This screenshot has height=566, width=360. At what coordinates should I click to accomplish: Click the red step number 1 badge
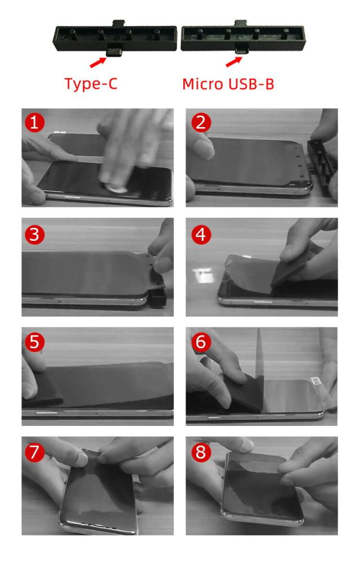point(34,122)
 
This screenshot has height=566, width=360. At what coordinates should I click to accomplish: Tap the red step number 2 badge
point(201,122)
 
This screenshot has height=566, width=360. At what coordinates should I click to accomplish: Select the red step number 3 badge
point(34,234)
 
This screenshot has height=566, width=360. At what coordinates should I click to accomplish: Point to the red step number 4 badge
point(201,234)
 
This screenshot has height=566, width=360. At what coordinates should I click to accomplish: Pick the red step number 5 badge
point(34,342)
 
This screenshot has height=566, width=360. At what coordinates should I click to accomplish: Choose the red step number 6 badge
point(201,342)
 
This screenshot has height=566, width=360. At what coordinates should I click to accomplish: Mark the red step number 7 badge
point(34,452)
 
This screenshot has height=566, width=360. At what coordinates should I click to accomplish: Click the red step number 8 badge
point(201,452)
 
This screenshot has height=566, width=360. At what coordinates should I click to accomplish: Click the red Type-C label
point(91,84)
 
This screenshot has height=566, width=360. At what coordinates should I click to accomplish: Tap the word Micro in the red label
point(202,84)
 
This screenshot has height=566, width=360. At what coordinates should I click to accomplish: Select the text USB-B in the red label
point(251,84)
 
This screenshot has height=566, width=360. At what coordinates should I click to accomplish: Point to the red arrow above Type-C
point(98,62)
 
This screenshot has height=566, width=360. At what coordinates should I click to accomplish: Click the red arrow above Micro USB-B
point(234,61)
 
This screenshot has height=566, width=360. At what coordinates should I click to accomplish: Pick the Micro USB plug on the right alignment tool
point(241,50)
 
